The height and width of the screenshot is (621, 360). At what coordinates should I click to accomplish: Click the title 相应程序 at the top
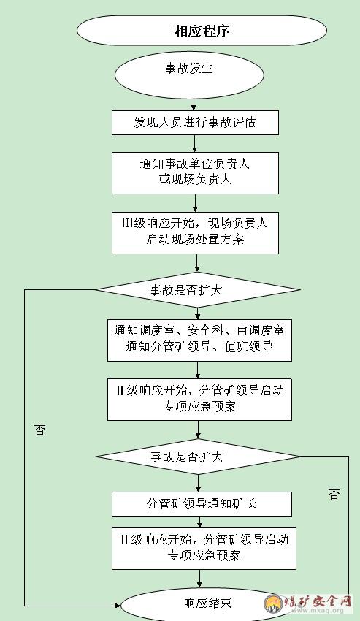point(202,31)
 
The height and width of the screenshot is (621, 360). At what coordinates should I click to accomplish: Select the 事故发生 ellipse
point(189,75)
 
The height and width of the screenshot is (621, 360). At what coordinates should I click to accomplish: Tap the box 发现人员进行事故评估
point(195,123)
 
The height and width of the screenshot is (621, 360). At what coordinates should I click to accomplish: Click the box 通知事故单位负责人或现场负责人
point(195,173)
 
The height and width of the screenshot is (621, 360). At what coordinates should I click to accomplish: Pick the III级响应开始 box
point(195,233)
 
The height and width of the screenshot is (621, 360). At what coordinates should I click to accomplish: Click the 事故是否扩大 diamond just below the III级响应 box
point(198,290)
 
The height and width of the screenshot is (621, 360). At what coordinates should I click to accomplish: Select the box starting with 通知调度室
point(199,340)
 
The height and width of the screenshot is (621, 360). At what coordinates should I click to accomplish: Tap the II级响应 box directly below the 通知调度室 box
point(199,400)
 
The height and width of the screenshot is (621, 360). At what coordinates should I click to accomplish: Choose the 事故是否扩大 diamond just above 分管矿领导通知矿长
point(198,457)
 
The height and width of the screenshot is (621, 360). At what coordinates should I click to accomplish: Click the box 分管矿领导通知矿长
point(202,504)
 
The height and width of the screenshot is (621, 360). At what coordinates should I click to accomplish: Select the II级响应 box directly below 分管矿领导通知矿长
point(204,549)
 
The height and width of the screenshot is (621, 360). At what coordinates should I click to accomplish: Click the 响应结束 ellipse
point(208,604)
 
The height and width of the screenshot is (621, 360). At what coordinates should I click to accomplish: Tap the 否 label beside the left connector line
point(39,430)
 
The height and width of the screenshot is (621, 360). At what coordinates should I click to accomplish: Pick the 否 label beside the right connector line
point(334,495)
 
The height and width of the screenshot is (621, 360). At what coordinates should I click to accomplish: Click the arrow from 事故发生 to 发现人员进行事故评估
point(194,104)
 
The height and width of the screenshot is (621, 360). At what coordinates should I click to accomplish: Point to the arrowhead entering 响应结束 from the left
point(118,606)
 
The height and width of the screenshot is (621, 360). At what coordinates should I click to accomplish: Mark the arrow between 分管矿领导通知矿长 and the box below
point(199,522)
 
